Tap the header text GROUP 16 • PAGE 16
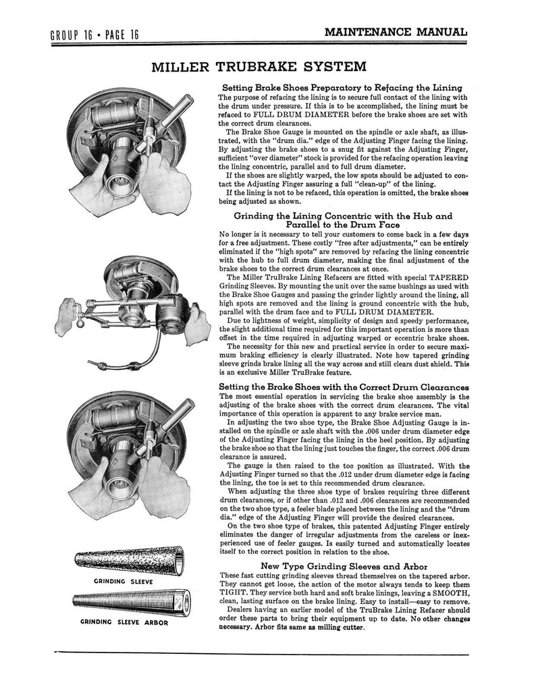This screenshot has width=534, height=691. pyautogui.click(x=95, y=35)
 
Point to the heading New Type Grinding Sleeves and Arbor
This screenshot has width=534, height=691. pyautogui.click(x=344, y=565)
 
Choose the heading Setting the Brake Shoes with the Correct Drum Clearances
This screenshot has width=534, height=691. pyautogui.click(x=344, y=387)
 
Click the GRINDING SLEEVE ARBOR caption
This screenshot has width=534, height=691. pyautogui.click(x=123, y=623)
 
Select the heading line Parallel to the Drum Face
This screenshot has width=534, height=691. pyautogui.click(x=344, y=225)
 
